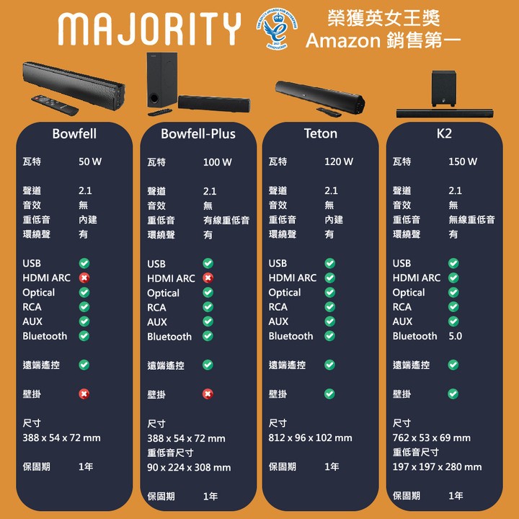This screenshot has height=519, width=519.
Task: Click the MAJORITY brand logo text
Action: point(149,28)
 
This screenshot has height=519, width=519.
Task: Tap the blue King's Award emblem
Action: point(277,29)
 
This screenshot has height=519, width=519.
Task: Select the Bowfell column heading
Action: point(74,134)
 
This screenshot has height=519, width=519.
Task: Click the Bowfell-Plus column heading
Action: point(198,134)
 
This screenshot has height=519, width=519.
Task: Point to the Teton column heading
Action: point(320,134)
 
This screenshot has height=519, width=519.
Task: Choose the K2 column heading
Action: point(444,134)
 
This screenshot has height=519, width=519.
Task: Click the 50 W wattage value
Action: point(90,161)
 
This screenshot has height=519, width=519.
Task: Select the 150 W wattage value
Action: point(463,161)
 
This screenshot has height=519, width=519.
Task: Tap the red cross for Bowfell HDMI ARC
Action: point(84,278)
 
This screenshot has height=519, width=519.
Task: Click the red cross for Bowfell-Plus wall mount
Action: point(208,394)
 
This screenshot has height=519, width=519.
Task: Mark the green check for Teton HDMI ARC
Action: point(329,278)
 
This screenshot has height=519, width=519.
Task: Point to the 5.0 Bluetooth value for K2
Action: point(455,336)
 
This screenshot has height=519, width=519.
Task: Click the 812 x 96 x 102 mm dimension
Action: point(310,438)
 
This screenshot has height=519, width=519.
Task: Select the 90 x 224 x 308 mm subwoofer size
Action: point(189,467)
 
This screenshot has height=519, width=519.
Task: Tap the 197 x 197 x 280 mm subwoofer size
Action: point(437,466)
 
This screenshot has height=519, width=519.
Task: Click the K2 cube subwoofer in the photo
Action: point(443,89)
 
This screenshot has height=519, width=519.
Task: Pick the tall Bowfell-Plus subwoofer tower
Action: point(162,80)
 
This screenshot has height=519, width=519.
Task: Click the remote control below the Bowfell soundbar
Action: point(55,105)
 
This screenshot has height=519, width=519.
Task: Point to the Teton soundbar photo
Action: point(320,97)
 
